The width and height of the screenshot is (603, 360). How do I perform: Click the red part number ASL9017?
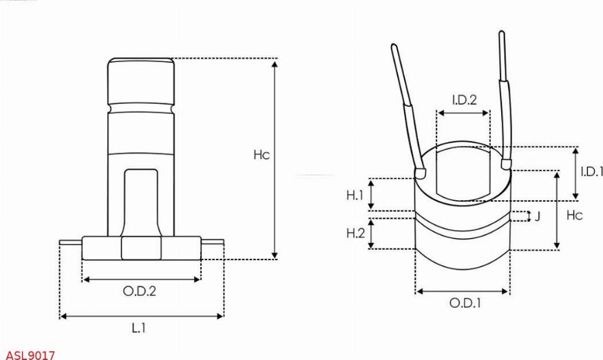pyautogui.click(x=30, y=354)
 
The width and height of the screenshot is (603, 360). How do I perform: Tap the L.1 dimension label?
pyautogui.click(x=139, y=328)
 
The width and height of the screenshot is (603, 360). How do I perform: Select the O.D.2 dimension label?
pyautogui.click(x=140, y=291)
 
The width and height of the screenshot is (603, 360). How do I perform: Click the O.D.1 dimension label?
pyautogui.click(x=465, y=303)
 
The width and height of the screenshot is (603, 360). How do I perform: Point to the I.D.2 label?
pyautogui.click(x=465, y=100)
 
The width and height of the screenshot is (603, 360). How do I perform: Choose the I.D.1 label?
pyautogui.click(x=591, y=171)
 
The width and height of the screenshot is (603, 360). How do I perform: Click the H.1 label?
pyautogui.click(x=355, y=195)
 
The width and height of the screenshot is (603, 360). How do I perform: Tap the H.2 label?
pyautogui.click(x=356, y=233)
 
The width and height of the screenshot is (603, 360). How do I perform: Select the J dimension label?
pyautogui.click(x=538, y=216)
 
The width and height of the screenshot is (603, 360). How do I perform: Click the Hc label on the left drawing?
pyautogui.click(x=262, y=155)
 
